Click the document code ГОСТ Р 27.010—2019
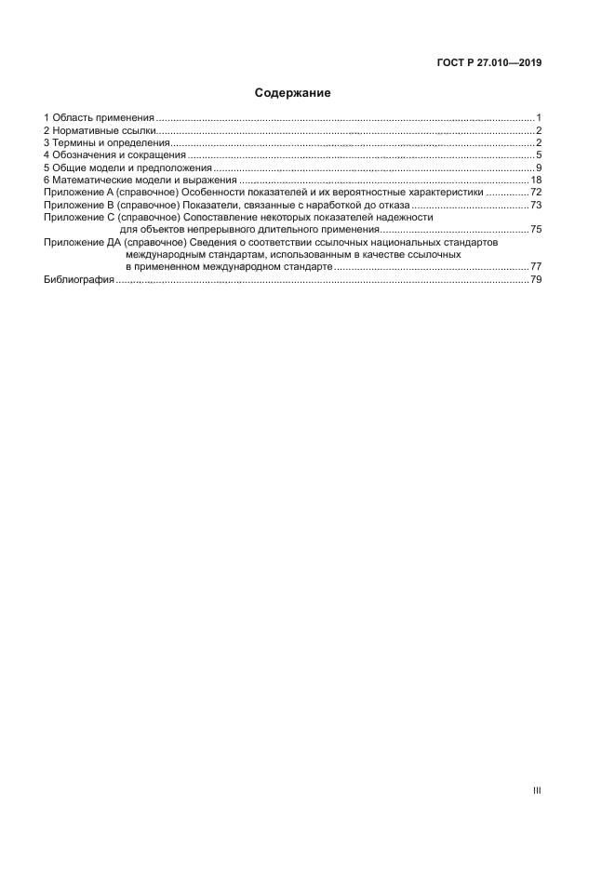(x=488, y=63)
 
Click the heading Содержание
(x=293, y=93)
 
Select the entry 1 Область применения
(x=99, y=118)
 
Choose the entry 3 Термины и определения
(x=106, y=142)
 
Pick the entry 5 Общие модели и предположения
(x=127, y=167)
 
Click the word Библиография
(x=79, y=279)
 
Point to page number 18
(x=536, y=180)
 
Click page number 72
(x=536, y=192)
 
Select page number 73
(x=536, y=204)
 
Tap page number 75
(x=536, y=229)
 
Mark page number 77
(x=536, y=266)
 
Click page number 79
(x=536, y=279)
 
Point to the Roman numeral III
(x=536, y=790)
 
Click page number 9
(x=539, y=167)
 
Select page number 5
(x=539, y=154)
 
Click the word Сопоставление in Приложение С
(x=216, y=217)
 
